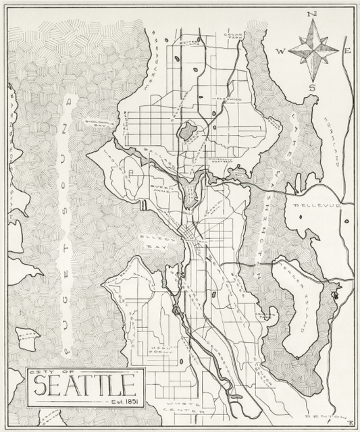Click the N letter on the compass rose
pyautogui.click(x=312, y=13)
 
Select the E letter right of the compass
pyautogui.click(x=346, y=51)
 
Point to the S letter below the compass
pyautogui.click(x=312, y=88)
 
